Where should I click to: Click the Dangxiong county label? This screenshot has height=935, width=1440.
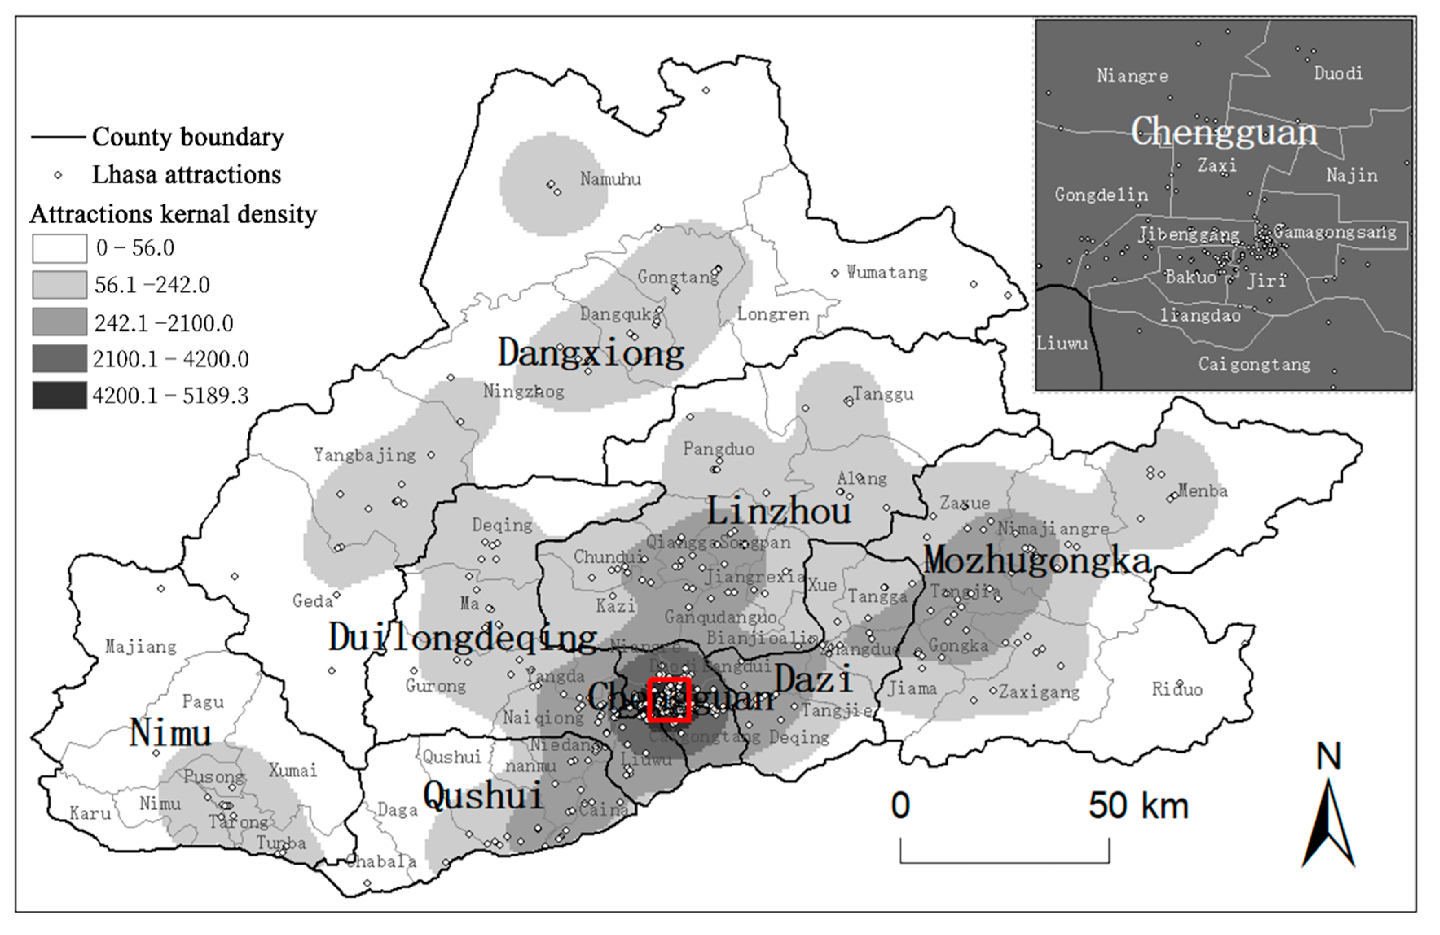pyautogui.click(x=591, y=353)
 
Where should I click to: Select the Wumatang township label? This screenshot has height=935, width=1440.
pyautogui.click(x=886, y=273)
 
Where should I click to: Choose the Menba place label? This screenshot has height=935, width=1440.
pyautogui.click(x=1203, y=490)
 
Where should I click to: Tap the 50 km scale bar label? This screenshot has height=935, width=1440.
pyautogui.click(x=1138, y=806)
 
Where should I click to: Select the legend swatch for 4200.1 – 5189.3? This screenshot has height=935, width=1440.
pyautogui.click(x=59, y=396)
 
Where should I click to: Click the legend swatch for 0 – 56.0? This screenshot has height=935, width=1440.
pyautogui.click(x=59, y=248)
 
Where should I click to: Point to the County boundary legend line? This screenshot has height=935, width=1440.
pyautogui.click(x=58, y=137)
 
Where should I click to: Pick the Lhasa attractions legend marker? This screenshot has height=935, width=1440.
pyautogui.click(x=58, y=175)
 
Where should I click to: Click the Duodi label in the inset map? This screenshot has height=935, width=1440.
pyautogui.click(x=1338, y=74)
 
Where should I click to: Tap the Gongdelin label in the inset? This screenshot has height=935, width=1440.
pyautogui.click(x=1101, y=195)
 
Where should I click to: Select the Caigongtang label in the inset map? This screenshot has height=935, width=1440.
pyautogui.click(x=1254, y=364)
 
